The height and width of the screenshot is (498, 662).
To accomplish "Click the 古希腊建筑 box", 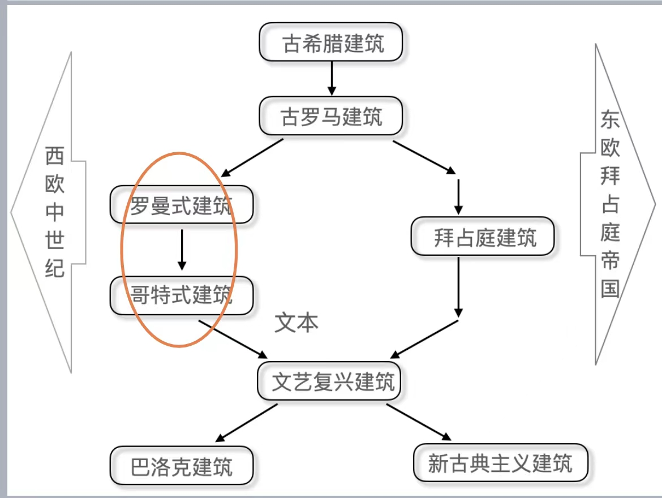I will [x=332, y=42].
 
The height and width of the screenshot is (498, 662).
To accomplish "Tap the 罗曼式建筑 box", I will [x=181, y=205].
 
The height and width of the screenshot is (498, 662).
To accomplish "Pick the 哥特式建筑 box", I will [x=181, y=295].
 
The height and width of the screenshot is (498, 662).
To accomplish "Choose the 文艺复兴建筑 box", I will [x=330, y=381].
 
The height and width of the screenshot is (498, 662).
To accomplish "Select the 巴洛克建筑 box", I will [x=181, y=466].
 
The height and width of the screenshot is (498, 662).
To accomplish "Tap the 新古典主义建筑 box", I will [x=501, y=463].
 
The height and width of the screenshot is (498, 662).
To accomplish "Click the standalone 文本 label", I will [x=296, y=322].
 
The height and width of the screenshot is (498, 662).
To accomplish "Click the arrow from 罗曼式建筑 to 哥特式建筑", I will [x=182, y=249].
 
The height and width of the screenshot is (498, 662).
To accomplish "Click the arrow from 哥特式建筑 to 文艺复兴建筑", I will [x=233, y=338].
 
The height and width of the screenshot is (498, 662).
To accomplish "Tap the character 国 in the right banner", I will [x=611, y=288].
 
